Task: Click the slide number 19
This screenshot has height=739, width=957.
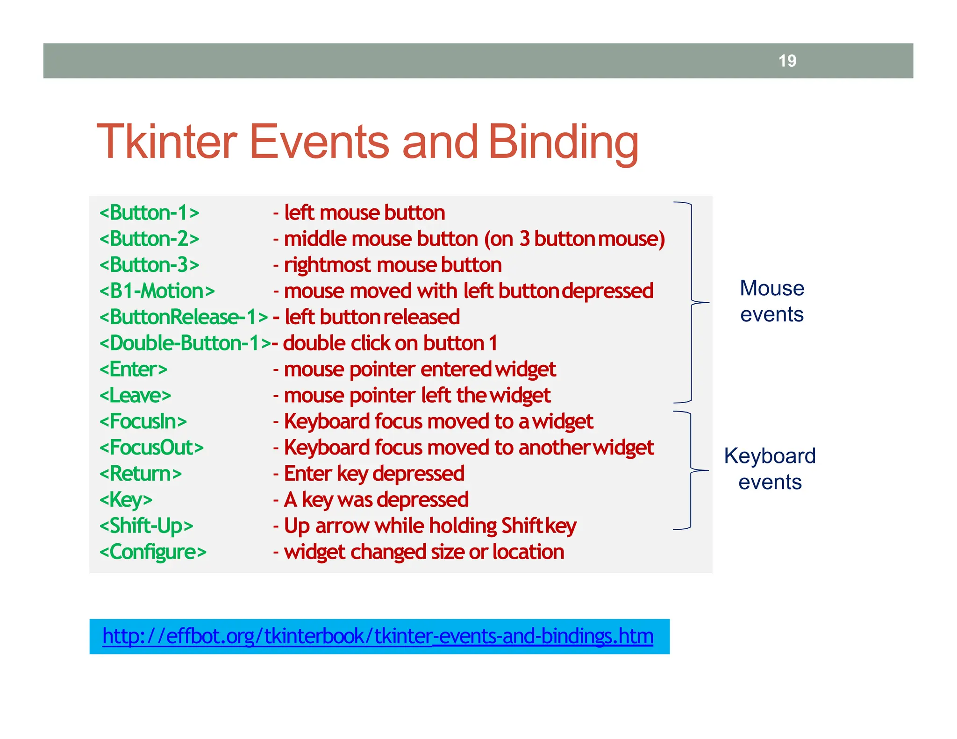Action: [x=787, y=61]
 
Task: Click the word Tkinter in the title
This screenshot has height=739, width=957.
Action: [x=167, y=142]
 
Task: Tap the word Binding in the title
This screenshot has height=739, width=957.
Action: [x=563, y=142]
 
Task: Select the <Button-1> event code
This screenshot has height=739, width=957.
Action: [x=149, y=213]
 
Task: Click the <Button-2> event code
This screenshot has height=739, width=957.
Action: [x=149, y=239]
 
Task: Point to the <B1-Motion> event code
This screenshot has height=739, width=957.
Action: [x=157, y=291]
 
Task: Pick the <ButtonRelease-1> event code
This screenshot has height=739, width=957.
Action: [x=183, y=317]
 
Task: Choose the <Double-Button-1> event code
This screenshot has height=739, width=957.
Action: [x=185, y=343]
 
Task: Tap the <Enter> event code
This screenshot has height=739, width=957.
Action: [x=133, y=369]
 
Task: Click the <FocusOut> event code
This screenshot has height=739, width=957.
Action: [x=151, y=448]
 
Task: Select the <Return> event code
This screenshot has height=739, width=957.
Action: [x=140, y=474]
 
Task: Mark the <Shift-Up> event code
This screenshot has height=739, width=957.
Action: [x=146, y=526]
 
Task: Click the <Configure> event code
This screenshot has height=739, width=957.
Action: [x=152, y=552]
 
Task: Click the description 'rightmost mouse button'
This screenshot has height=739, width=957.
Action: [x=393, y=265]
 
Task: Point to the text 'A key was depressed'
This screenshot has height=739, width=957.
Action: [x=376, y=500]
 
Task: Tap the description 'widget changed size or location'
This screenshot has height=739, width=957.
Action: [x=424, y=552]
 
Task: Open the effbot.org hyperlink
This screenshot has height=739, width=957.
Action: [x=378, y=636]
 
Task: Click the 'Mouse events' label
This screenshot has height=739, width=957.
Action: [x=771, y=301]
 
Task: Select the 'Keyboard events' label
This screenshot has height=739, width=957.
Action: [x=770, y=469]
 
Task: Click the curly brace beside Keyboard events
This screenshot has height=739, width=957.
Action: [x=691, y=470]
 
